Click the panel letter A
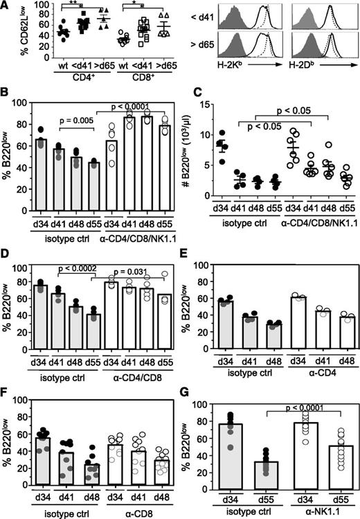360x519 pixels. coord(6,6)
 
